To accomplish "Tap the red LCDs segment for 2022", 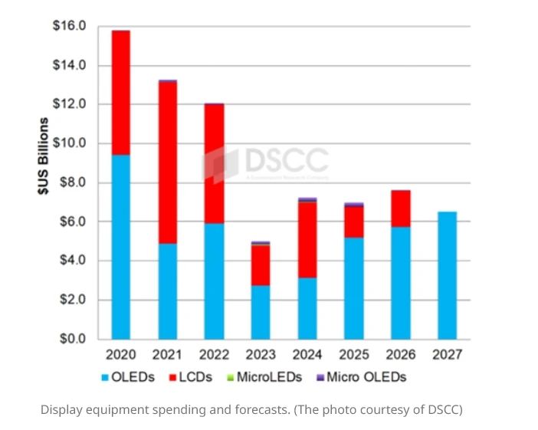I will pos(214,163).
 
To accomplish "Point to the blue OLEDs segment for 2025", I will pos(354,287).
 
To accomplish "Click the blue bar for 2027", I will pos(448,275).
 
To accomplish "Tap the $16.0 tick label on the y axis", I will pos(69,26).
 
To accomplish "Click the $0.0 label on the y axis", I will pos(71,339).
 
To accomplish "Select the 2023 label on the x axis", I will pos(261,355).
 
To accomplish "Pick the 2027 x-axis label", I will pos(448,355).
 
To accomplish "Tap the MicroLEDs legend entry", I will pos(265,377).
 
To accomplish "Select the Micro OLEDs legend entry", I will pos(360,377).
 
